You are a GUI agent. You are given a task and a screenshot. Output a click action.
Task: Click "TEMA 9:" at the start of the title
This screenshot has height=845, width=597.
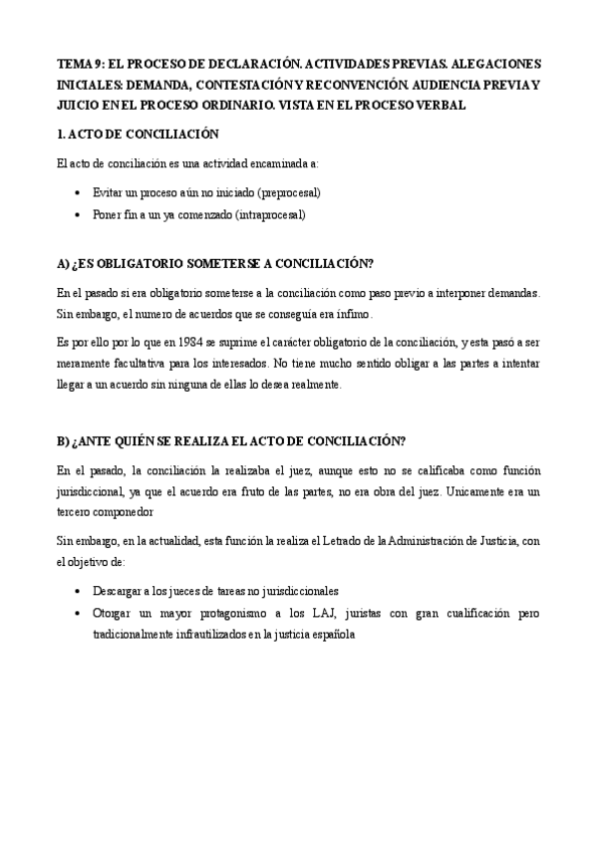(76, 61)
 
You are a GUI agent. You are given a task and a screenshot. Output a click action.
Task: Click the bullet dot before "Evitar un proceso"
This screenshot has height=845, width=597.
(79, 192)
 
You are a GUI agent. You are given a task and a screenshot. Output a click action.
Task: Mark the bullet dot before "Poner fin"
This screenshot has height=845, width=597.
(79, 214)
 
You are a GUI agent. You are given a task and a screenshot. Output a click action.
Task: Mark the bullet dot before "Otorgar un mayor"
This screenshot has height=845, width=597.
(79, 613)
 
